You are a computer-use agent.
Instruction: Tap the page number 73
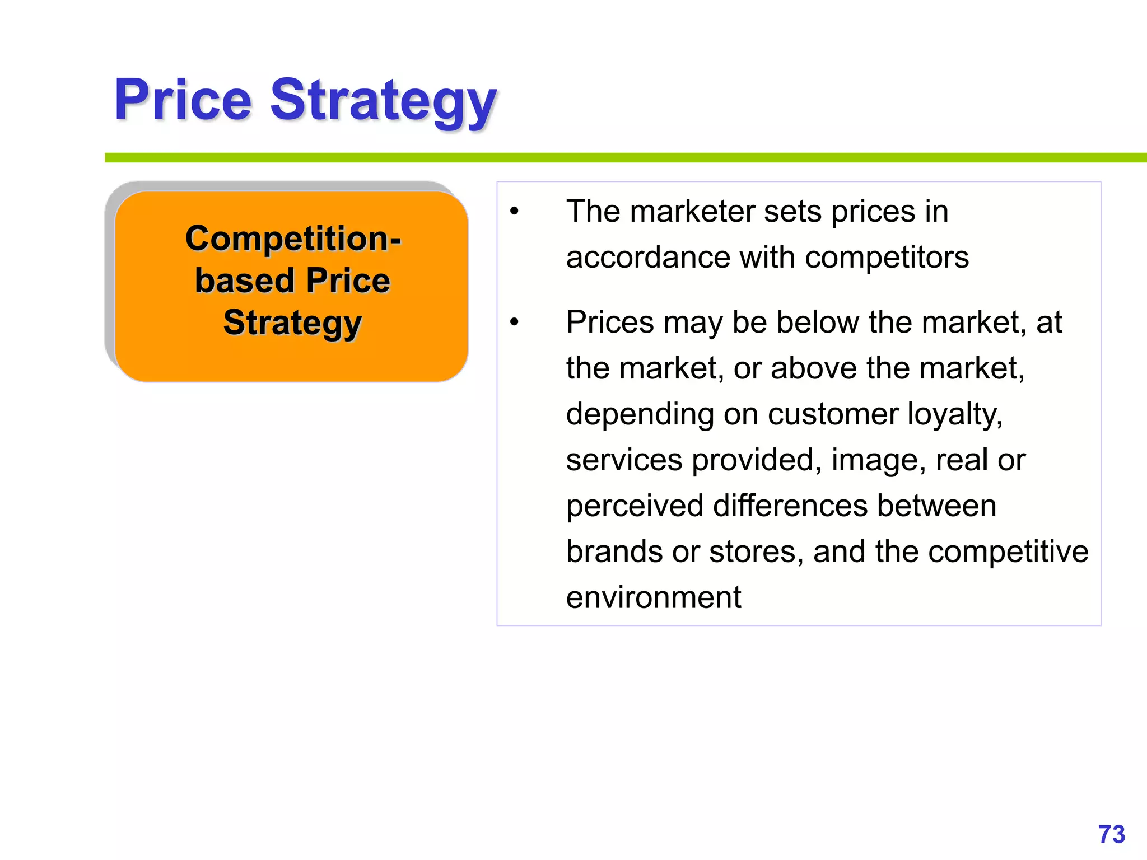pos(1111,834)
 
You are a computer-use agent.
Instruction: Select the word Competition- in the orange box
pos(293,239)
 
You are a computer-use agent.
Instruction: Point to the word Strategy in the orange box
pos(292,324)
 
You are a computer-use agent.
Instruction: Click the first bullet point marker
pos(514,212)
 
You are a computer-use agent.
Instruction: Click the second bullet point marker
pos(514,323)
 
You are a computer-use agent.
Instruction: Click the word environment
pos(653,597)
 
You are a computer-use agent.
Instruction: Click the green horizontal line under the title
pos(616,158)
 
